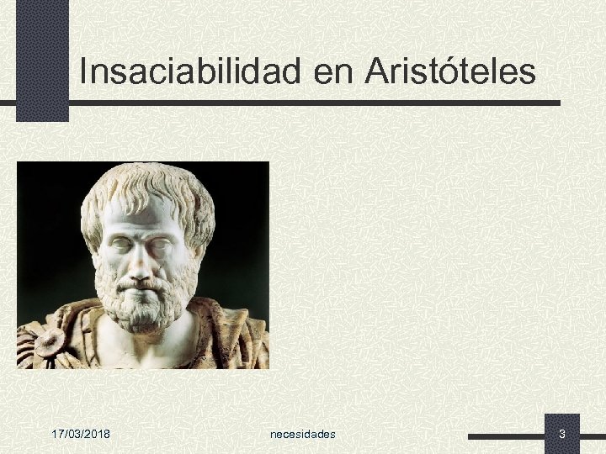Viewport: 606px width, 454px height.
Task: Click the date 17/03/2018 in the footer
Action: [85, 434]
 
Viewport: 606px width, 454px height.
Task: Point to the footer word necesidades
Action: [303, 434]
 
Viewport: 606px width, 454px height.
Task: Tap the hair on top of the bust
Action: [143, 181]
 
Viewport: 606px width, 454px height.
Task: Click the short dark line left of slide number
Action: [505, 436]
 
